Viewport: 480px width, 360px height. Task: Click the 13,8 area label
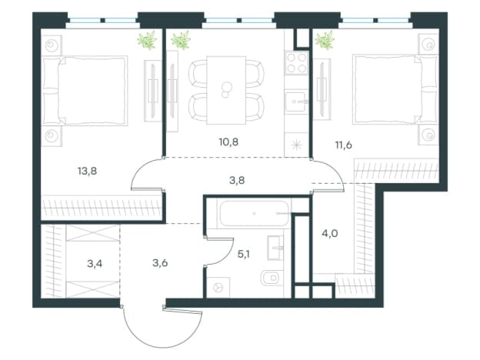point(87,171)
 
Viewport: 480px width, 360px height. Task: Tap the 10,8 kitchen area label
point(228,142)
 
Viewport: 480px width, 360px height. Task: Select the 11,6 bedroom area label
point(344,145)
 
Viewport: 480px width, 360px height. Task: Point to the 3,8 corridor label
point(237,181)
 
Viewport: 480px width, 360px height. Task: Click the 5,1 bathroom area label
point(243,254)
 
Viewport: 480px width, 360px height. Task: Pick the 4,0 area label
point(330,234)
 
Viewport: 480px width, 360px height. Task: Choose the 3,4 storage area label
point(95,263)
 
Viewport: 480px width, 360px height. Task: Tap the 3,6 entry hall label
point(160,263)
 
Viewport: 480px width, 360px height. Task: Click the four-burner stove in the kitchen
point(296,63)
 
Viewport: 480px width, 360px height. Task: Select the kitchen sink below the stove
point(296,102)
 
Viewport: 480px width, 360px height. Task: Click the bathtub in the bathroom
point(254,213)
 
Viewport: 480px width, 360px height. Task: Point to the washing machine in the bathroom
point(218,287)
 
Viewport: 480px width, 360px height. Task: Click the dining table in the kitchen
point(226,90)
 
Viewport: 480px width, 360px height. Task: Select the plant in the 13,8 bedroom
point(147,41)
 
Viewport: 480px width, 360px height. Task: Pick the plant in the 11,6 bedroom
point(324,41)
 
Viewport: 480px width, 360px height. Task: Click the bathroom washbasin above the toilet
point(275,248)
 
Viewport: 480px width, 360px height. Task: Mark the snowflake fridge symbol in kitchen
point(296,144)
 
